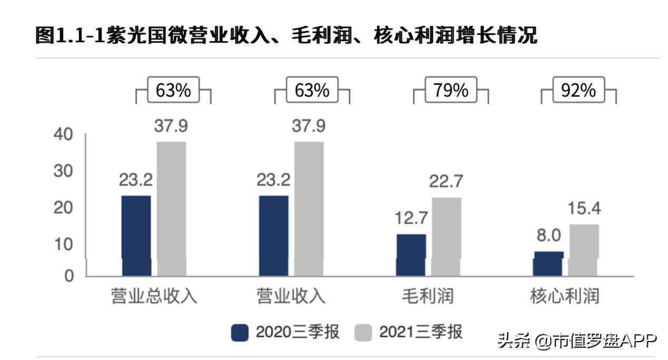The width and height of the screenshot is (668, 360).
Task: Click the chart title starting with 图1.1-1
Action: coord(286,35)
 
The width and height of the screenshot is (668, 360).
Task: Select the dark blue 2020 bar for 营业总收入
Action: coord(136,235)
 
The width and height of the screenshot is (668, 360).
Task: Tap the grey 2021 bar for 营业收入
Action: coord(309,208)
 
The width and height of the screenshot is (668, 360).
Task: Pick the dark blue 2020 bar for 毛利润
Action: coord(411,255)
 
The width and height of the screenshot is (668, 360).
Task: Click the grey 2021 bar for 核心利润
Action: coord(584,250)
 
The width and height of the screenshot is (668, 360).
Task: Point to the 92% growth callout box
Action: coord(578,90)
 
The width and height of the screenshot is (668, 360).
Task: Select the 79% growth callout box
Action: coord(450,90)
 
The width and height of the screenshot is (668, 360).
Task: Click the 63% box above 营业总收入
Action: coord(173,90)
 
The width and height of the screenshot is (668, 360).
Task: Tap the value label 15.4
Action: coord(583,208)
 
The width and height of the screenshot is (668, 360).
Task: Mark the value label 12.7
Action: coord(411,218)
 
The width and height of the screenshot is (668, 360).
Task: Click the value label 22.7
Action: coord(447,181)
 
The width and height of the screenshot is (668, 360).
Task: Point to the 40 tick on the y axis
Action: coord(64,134)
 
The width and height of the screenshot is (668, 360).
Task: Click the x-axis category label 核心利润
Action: coord(565,296)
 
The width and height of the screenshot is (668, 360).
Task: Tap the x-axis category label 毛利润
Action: coord(427,296)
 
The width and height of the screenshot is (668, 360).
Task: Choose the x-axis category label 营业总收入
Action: coord(154,296)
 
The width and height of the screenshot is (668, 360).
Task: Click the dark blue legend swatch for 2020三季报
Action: coord(240,333)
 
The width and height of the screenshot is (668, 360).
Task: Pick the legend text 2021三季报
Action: coord(420,333)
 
